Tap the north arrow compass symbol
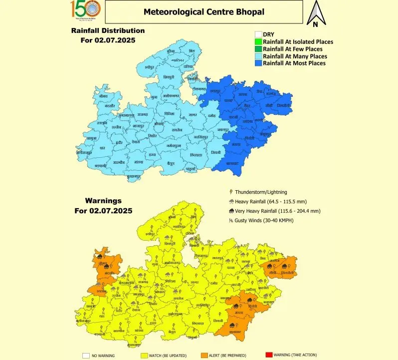tap(316, 13)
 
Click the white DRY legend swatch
tap(258, 34)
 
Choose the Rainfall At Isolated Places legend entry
tap(298, 42)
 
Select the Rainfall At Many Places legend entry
tap(294, 56)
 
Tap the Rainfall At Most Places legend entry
tap(294, 63)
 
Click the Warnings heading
tap(103, 201)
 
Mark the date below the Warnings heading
tap(103, 211)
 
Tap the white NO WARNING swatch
tap(86, 356)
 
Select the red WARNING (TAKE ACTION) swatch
tap(269, 356)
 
